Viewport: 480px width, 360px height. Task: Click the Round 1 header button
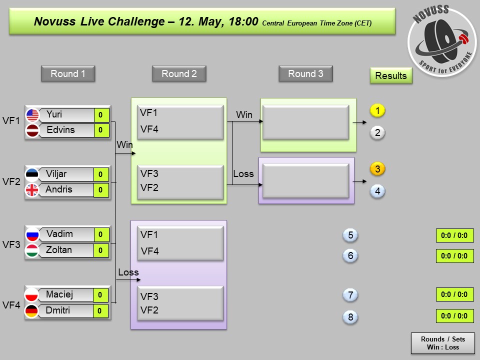click(x=68, y=74)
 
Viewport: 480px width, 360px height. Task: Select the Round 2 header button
click(x=179, y=74)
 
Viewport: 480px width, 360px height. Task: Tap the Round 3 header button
click(x=305, y=74)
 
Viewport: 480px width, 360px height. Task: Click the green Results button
click(x=391, y=76)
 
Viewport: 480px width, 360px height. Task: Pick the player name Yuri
click(x=54, y=114)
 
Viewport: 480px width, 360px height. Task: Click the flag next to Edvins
click(x=32, y=130)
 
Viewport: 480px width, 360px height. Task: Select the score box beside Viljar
click(x=100, y=174)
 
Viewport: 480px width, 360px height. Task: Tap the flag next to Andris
click(x=32, y=190)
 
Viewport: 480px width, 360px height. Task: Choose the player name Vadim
click(x=59, y=234)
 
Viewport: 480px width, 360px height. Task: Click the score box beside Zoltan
click(x=100, y=250)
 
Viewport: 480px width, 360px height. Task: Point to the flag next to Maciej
click(x=32, y=295)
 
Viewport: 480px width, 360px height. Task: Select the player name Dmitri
click(x=58, y=310)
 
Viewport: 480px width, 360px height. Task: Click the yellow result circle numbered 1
click(x=377, y=110)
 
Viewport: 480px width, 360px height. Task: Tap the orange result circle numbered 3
click(x=377, y=169)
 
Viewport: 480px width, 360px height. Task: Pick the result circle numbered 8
click(x=350, y=317)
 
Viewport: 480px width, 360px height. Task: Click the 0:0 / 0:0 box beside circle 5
click(x=454, y=235)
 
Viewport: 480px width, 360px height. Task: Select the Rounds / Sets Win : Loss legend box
click(x=442, y=343)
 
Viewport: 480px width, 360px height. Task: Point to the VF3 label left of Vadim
click(x=11, y=244)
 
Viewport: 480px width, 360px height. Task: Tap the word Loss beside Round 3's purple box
click(x=243, y=174)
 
